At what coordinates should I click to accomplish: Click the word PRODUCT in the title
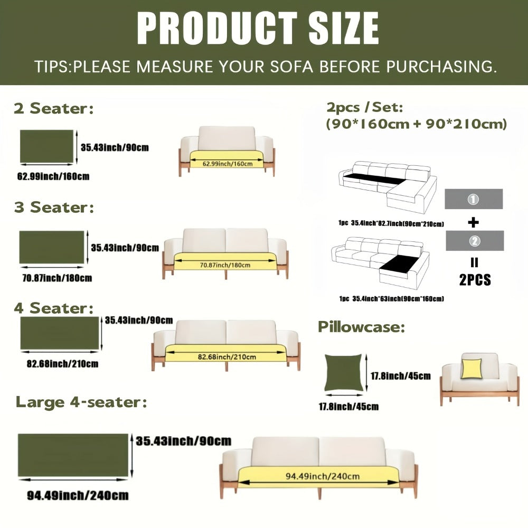tap(217, 28)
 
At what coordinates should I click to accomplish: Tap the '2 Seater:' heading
tap(54, 108)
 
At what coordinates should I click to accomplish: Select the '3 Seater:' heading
tap(54, 207)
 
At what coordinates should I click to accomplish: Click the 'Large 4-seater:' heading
tap(81, 402)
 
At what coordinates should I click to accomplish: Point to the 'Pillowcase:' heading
tap(362, 327)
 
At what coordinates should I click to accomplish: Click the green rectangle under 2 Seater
tap(46, 146)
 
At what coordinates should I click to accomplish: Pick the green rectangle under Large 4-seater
tap(73, 455)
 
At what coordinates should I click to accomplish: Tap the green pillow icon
tap(344, 372)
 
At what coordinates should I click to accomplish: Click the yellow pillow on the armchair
tap(472, 369)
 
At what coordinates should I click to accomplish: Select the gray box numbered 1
tap(474, 199)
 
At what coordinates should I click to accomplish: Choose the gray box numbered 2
tap(475, 241)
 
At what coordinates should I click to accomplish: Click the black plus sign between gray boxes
tap(474, 222)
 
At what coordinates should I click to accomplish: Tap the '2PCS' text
tap(475, 280)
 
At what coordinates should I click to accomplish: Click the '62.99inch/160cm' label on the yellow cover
tap(228, 164)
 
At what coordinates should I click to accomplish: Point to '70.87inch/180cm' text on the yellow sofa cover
tap(225, 266)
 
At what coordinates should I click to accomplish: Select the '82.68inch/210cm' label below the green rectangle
tap(63, 364)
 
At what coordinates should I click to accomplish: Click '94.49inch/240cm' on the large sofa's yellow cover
tap(323, 476)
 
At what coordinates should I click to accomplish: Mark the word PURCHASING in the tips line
tap(441, 67)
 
